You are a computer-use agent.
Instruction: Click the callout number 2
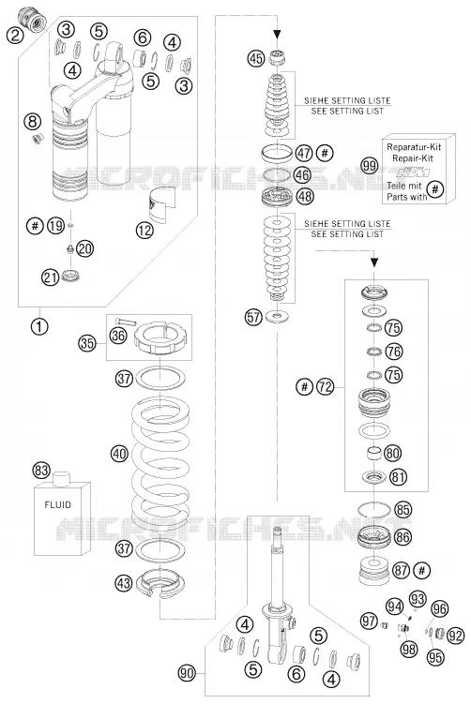coord(15,36)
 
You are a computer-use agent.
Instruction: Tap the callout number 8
coord(33,121)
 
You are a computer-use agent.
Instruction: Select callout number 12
coord(144,231)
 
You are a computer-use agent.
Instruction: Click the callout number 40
coord(119,454)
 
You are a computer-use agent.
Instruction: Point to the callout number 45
coord(256,58)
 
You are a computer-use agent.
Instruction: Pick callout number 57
coord(253,318)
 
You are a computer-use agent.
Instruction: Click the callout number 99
coord(370,166)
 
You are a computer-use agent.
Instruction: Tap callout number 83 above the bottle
coord(41,471)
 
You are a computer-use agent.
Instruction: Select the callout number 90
coord(187,672)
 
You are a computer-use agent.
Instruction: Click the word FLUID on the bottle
coord(57,504)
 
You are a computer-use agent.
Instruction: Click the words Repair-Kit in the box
coord(413,158)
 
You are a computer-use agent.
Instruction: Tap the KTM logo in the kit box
coord(415,172)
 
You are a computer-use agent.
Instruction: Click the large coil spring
coord(160,462)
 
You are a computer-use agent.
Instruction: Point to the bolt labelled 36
coord(125,321)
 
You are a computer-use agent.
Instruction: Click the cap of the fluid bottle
coord(62,478)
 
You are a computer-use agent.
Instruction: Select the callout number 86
coord(403,537)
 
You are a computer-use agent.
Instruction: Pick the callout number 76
coord(394,352)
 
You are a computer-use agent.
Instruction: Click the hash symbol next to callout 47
coord(325,153)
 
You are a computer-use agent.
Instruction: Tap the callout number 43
coord(124,582)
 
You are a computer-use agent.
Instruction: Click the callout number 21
coord(51,277)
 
